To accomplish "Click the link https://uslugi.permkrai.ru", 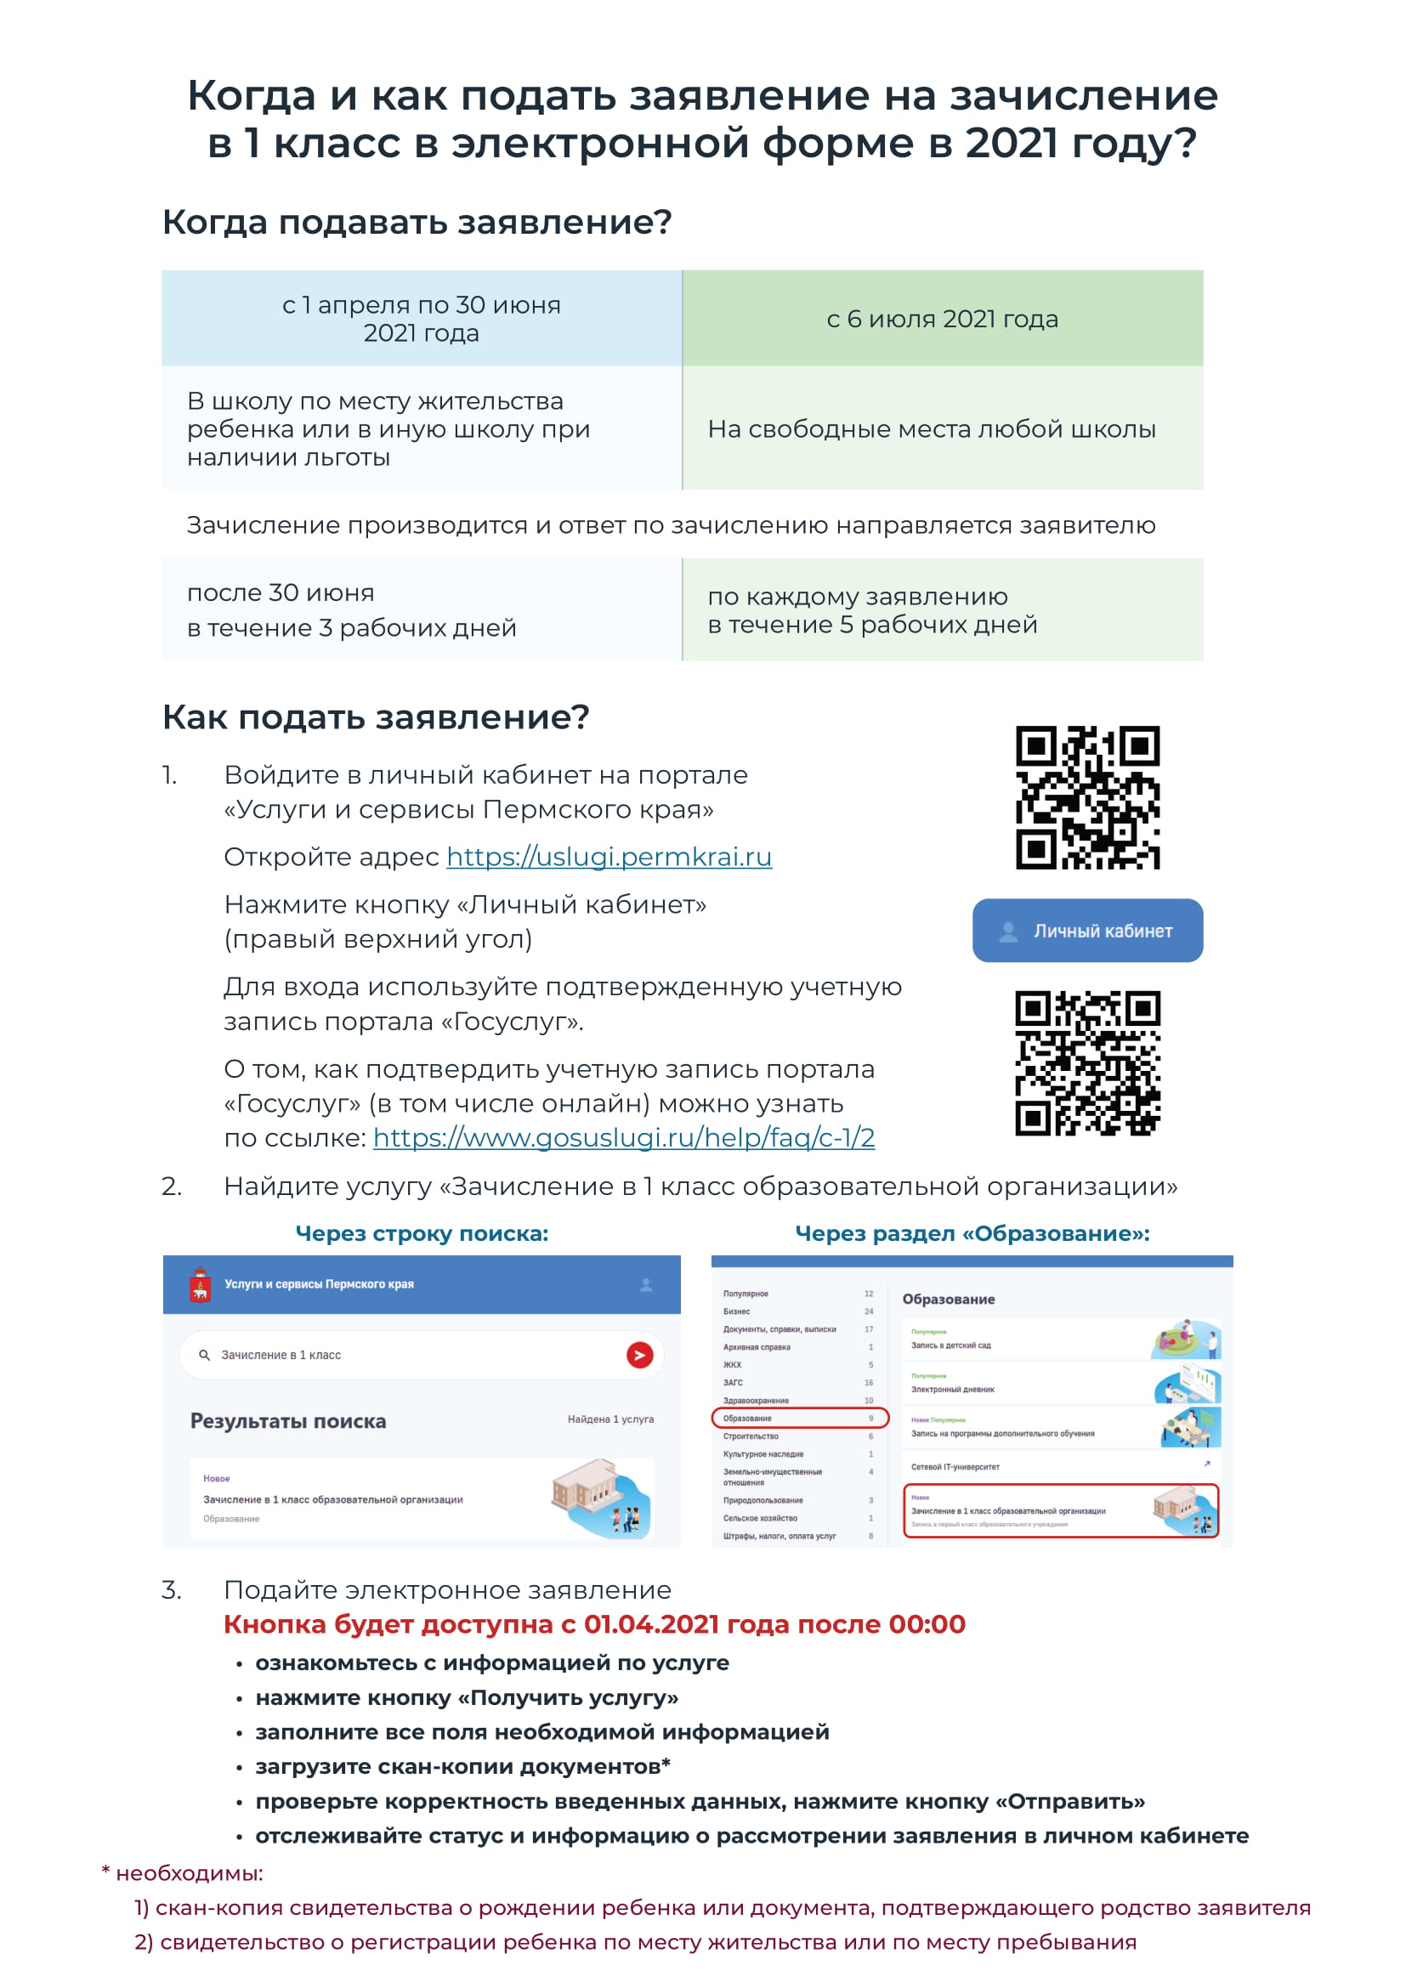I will (609, 858).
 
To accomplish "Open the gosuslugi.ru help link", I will (623, 1138).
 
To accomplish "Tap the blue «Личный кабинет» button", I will (1086, 931).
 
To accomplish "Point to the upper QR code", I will (1087, 797).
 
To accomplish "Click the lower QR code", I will (1087, 1062).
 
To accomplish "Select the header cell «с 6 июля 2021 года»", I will (942, 319).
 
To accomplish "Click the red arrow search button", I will (640, 1355).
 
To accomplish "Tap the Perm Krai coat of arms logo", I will (201, 1284).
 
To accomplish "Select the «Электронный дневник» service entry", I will (952, 1389).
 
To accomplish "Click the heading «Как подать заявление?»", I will (376, 718).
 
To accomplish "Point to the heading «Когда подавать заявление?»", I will (417, 223).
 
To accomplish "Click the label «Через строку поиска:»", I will (422, 1234).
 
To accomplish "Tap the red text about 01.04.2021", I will (594, 1624).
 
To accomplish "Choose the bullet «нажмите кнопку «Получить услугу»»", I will (466, 1698).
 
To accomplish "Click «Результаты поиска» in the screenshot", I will (288, 1421).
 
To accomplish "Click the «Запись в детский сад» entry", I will (950, 1345).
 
